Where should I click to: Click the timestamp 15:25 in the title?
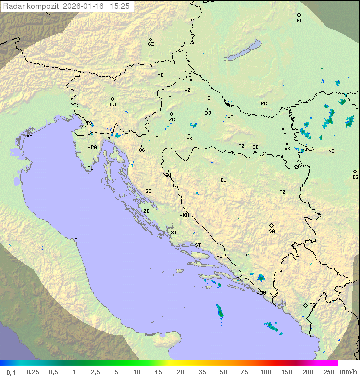tap(120, 6)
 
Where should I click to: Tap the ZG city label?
tap(172, 120)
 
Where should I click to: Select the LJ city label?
tap(113, 104)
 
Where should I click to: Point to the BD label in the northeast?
tap(299, 21)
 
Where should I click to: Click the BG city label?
tap(355, 177)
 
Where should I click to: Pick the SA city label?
tap(272, 231)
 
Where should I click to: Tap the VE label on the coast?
tap(29, 135)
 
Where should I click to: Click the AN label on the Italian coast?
tap(77, 240)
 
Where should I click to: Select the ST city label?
tap(198, 245)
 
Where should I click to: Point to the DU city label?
tap(262, 293)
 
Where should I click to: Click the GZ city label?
tap(151, 44)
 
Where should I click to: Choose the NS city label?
tap(331, 151)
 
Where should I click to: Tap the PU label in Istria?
tap(90, 168)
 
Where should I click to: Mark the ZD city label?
tap(146, 211)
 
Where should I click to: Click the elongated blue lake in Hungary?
tap(243, 51)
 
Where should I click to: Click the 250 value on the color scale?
tap(328, 372)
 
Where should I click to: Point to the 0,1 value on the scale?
tap(11, 372)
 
